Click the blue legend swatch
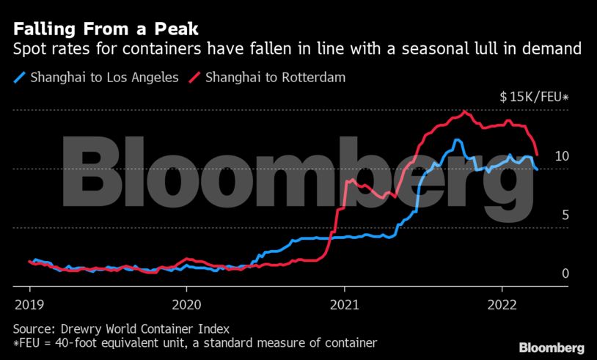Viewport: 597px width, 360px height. [x=19, y=76]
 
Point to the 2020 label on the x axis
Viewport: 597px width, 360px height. [x=186, y=304]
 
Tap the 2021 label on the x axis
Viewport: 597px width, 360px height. [x=345, y=304]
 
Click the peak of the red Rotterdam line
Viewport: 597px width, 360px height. [x=464, y=111]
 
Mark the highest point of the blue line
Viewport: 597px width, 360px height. [x=457, y=140]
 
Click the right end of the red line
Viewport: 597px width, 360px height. [x=538, y=155]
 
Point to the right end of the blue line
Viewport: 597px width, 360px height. [x=537, y=169]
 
